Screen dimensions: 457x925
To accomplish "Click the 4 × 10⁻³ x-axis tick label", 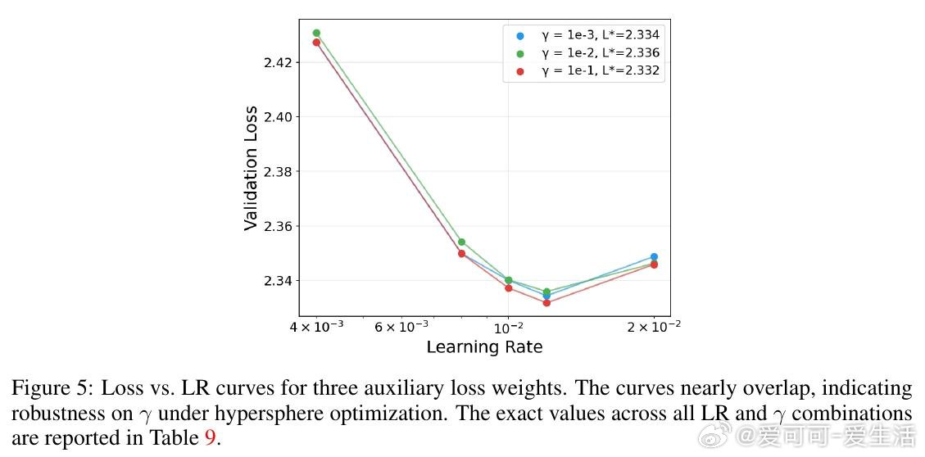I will (315, 327).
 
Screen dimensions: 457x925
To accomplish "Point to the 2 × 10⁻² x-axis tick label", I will (653, 327).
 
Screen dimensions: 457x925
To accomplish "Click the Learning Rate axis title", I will (484, 347).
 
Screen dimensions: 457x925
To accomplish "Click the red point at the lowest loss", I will (546, 303).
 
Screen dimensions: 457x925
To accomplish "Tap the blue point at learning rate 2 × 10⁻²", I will (654, 257).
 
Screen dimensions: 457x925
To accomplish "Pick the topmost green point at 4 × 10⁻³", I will (316, 33).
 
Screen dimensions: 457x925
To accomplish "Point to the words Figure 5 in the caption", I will (48, 388).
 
